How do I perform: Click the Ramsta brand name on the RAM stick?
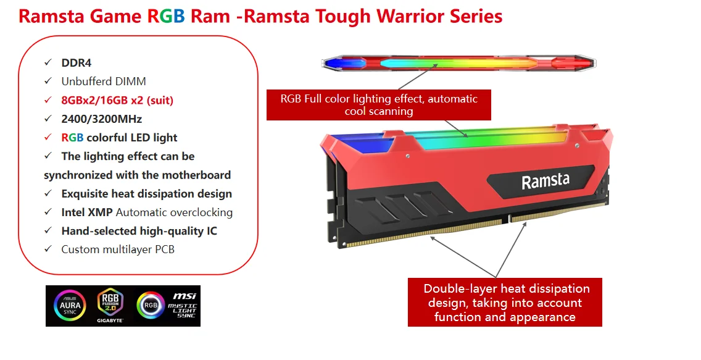pos(545,182)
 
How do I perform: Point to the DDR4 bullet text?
pos(77,62)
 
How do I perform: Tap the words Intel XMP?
pos(87,212)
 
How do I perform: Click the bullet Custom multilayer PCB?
pos(117,249)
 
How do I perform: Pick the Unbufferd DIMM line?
pos(104,81)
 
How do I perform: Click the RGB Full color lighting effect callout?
pos(379,105)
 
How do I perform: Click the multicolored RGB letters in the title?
pos(166,16)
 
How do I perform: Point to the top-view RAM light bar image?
pos(459,62)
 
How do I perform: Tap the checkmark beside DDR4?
pos(48,62)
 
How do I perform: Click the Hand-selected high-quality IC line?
pos(139,231)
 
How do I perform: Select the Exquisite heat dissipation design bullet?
pos(146,194)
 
